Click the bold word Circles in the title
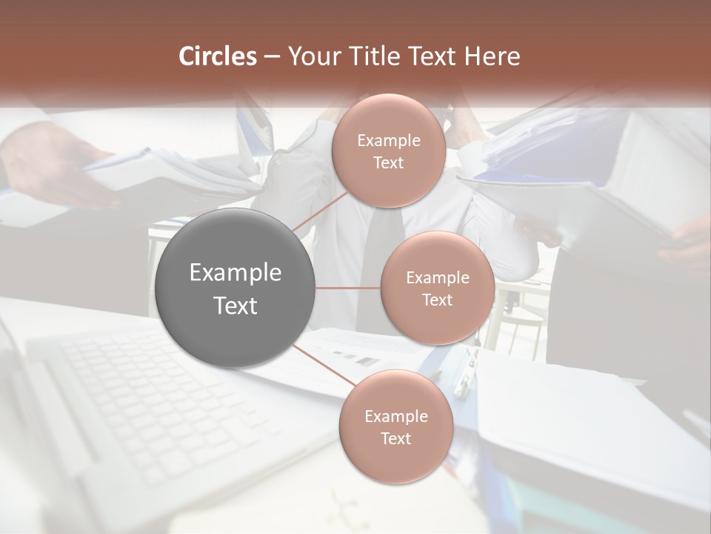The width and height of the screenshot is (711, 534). (218, 56)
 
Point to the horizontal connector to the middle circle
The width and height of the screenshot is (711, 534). (348, 288)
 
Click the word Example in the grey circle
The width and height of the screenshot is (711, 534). (236, 273)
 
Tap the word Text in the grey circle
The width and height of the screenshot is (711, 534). (236, 306)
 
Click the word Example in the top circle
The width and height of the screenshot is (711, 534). (388, 141)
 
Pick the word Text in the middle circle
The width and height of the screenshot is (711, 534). (437, 300)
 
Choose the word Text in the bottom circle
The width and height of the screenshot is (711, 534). (395, 438)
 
